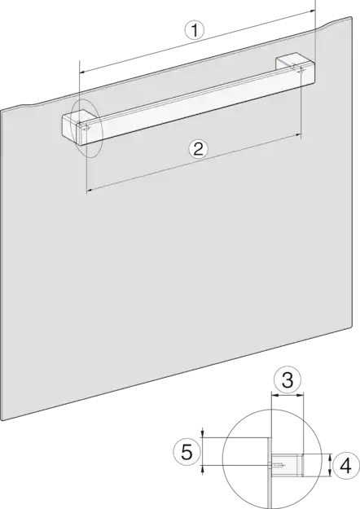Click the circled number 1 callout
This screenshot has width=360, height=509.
[195, 30]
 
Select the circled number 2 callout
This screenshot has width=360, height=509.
[198, 149]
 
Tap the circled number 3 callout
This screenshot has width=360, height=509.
[288, 380]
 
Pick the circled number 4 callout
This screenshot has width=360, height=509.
[345, 466]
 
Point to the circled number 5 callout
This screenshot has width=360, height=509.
[187, 452]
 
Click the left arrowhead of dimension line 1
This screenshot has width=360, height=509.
[82, 71]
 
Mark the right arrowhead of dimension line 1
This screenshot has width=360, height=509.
[312, 11]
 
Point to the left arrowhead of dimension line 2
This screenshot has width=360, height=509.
[90, 191]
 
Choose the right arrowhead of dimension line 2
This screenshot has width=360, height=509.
[298, 135]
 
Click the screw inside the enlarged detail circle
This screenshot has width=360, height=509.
[277, 466]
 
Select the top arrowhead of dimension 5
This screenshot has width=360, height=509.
[203, 434]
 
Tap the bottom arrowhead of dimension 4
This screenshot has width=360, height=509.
[330, 472]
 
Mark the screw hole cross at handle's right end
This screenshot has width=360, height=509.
[301, 69]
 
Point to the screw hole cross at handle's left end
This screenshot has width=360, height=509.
[86, 128]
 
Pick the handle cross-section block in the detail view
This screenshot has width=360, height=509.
[288, 465]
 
